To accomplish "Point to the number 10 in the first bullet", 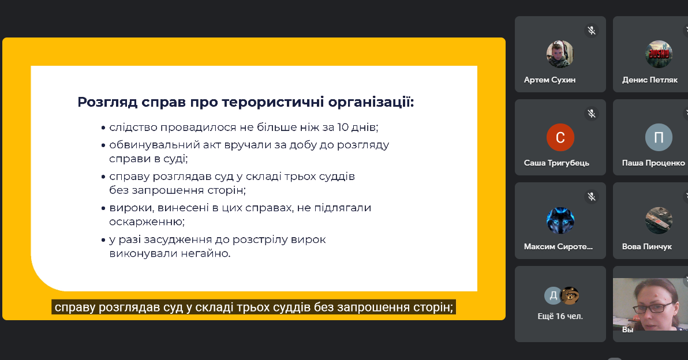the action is click(343, 127).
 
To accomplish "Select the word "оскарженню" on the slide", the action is click(147, 222).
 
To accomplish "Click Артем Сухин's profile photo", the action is click(560, 54).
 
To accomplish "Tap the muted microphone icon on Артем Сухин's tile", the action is click(592, 30).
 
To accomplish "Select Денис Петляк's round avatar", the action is click(659, 54).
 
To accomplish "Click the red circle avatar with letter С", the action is click(560, 137).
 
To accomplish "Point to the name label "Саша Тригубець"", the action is click(556, 163).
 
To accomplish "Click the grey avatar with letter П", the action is click(659, 137).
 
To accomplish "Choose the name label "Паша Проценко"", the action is click(653, 163).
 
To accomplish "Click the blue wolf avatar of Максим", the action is click(560, 220).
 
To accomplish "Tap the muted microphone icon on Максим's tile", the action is click(592, 197).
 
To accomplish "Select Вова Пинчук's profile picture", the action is click(659, 220).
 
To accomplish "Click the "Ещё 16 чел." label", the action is click(560, 316).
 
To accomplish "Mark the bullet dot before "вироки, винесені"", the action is click(103, 209).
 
